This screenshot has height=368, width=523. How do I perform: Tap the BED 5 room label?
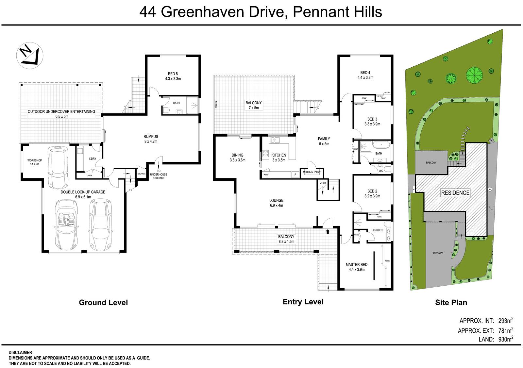(x=173, y=74)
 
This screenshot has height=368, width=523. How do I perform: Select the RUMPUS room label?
(x=151, y=137)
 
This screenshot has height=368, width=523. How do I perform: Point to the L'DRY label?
(x=92, y=159)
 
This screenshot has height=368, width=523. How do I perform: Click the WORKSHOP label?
(x=35, y=160)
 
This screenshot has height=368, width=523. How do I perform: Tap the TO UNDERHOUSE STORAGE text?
(x=159, y=175)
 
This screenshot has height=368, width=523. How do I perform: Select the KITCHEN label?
(x=278, y=155)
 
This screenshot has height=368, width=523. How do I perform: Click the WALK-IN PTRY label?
(x=312, y=172)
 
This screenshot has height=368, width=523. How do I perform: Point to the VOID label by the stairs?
(x=323, y=183)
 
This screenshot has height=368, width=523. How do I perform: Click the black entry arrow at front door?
(x=328, y=231)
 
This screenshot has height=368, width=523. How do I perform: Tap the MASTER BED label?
(x=357, y=265)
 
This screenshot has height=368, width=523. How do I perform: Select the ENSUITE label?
(x=378, y=230)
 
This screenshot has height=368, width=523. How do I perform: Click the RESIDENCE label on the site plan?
(x=455, y=193)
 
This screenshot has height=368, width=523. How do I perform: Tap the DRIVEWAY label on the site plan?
(x=438, y=253)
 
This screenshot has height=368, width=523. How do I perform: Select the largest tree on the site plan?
(x=474, y=75)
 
